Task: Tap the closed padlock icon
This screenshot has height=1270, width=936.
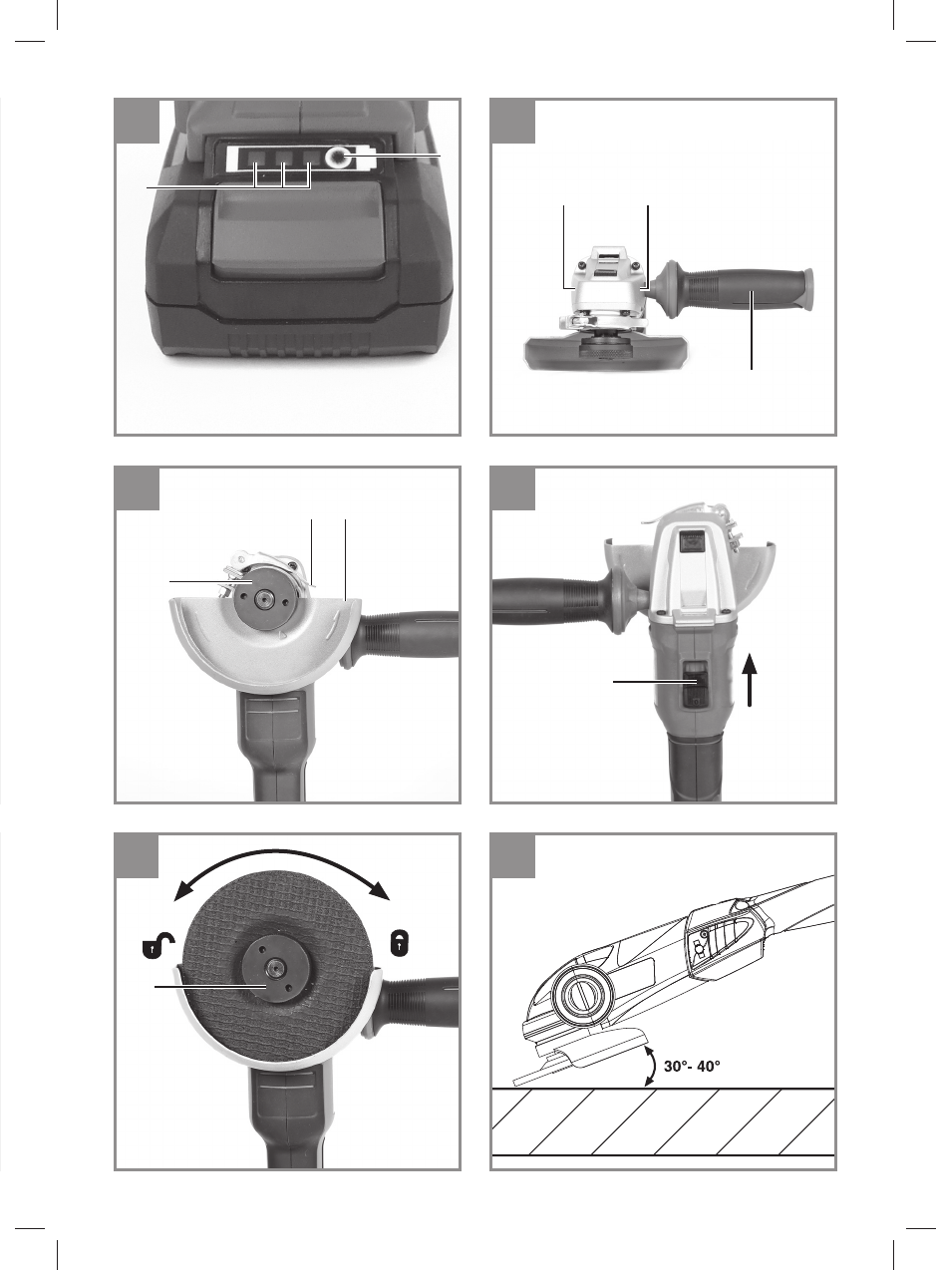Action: tap(400, 943)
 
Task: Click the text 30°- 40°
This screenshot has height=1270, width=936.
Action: tap(692, 1066)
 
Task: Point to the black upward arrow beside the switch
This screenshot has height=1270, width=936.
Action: tap(750, 680)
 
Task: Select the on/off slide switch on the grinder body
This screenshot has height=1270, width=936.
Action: tap(695, 685)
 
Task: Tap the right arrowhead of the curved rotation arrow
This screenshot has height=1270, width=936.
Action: tap(378, 892)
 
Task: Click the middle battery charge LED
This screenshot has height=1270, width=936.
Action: tap(283, 158)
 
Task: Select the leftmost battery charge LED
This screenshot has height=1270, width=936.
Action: tap(256, 158)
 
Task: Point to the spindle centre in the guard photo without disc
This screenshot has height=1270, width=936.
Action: tap(262, 596)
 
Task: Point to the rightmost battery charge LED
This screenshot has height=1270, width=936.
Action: tap(310, 158)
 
